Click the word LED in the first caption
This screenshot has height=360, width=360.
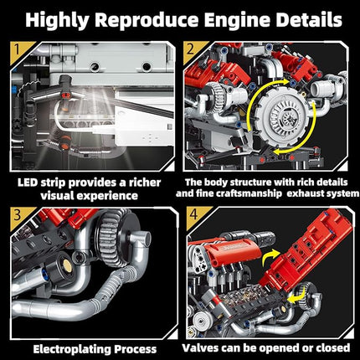pyautogui.click(x=30, y=181)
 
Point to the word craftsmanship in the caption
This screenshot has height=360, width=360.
pyautogui.click(x=267, y=194)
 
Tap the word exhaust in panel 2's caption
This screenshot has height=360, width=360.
pyautogui.click(x=316, y=194)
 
